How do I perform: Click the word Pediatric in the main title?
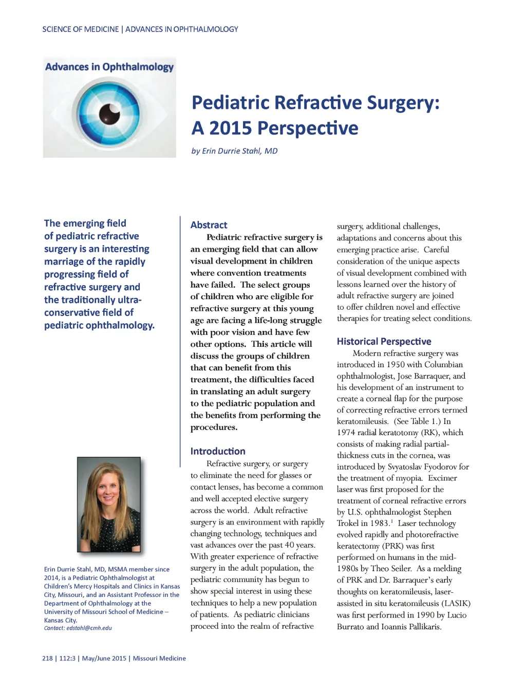(230, 103)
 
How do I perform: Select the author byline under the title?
(234, 151)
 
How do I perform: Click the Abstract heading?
(209, 225)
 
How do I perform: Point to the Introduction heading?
(218, 451)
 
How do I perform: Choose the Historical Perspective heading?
(384, 342)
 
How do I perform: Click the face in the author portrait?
(108, 491)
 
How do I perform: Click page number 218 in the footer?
(47, 658)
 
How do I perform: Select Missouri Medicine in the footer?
(159, 658)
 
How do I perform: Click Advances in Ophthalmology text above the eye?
(109, 67)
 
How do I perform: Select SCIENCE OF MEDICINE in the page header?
(80, 29)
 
